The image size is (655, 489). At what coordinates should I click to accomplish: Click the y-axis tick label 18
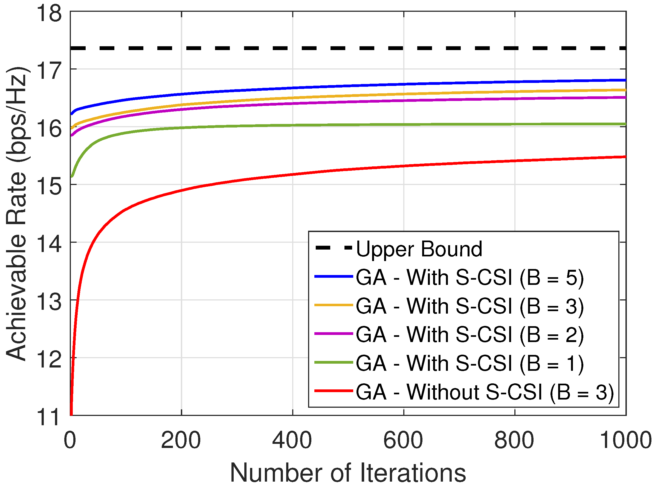click(49, 14)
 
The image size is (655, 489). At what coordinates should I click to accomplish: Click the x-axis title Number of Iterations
click(348, 473)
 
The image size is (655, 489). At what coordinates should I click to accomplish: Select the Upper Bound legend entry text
click(419, 249)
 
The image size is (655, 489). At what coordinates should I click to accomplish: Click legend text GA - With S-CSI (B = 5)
click(469, 278)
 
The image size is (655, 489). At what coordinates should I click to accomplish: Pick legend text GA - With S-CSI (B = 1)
click(469, 363)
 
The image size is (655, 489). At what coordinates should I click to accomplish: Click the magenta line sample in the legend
click(334, 334)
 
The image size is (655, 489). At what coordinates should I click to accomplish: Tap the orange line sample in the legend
click(334, 305)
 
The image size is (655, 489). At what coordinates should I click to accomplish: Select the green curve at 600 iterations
click(403, 125)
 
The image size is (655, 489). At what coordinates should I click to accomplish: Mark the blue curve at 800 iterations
click(514, 82)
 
